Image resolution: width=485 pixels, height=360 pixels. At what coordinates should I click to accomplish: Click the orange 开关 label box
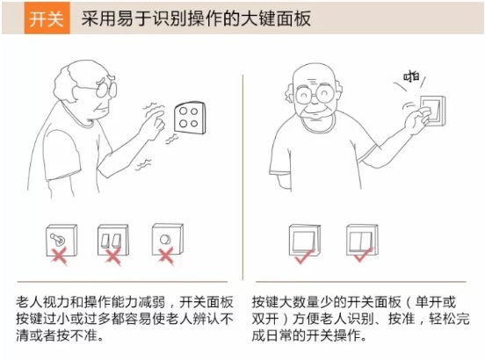coord(47,18)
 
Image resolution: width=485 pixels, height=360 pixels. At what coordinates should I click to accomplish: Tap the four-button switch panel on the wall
coord(190,118)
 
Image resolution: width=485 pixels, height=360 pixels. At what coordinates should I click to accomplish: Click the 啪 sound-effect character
coord(411,76)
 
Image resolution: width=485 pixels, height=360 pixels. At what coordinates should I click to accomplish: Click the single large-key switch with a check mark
coord(304,241)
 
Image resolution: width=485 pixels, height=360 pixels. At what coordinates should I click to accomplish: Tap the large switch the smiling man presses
coord(433,111)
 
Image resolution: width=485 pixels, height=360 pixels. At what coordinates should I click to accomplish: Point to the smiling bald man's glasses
coord(315,94)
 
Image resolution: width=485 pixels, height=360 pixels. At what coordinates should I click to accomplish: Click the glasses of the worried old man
coord(106,89)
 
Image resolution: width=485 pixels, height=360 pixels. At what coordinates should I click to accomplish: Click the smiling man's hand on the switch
coord(417,120)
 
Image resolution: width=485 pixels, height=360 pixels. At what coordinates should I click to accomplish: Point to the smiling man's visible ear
coord(290,93)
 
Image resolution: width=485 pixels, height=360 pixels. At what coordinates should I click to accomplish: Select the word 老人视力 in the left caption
coord(43,302)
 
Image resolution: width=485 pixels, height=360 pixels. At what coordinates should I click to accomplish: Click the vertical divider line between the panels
coord(242,177)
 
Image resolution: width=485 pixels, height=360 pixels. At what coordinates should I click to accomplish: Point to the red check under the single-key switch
coord(304,256)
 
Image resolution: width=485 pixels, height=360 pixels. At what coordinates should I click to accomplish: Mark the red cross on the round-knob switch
coord(166,256)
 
